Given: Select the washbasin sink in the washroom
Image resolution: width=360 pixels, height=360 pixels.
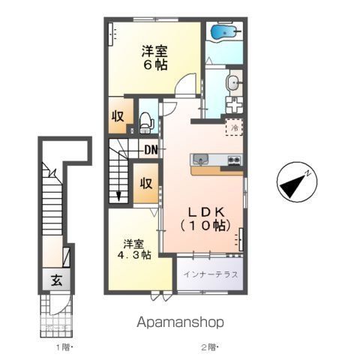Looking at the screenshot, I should click(x=233, y=82).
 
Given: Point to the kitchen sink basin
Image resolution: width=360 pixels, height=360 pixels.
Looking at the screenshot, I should click(x=200, y=159).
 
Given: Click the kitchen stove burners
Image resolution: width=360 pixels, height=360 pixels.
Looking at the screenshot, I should click(x=232, y=160).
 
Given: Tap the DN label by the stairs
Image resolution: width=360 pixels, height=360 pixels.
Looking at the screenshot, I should click(x=151, y=149).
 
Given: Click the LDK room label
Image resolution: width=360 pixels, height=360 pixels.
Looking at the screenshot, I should click(x=202, y=211).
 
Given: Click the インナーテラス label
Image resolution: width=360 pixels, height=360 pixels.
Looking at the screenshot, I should click(x=211, y=274).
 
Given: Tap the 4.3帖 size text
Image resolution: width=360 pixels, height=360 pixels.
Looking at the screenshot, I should click(x=136, y=255).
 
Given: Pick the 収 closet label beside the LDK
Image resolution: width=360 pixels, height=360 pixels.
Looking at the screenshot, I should click(x=147, y=183).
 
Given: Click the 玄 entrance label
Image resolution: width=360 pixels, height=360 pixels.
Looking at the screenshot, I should click(x=56, y=280).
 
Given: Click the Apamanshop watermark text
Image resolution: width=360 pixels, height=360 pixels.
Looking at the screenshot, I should click(x=180, y=322).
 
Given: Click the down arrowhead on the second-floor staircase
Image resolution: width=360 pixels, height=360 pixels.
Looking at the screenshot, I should click(x=118, y=197).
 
